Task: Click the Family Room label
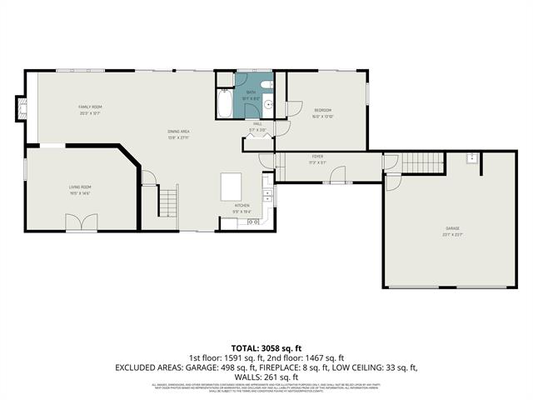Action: pos(90,107)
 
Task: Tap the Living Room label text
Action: pos(80,187)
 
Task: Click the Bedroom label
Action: pos(322,111)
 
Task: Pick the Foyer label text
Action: pos(317,156)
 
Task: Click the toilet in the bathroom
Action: pos(264,86)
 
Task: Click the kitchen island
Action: pos(232,186)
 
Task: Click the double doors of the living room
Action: pos(80,222)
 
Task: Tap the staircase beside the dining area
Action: pos(169,201)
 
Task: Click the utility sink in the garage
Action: pos(471,158)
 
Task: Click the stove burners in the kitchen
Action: pos(267,197)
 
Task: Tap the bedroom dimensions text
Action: pos(322,117)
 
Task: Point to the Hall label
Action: pos(258,123)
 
